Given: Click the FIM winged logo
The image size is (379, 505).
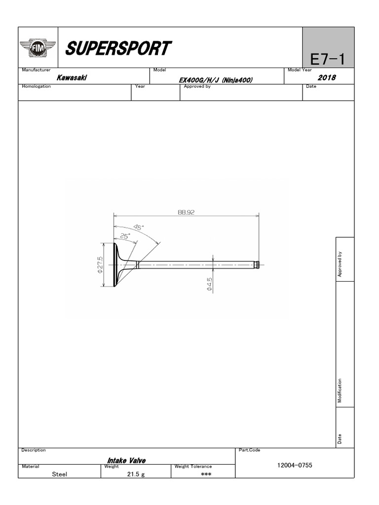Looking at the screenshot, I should (38, 48).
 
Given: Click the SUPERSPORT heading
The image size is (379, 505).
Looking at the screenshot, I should (118, 48).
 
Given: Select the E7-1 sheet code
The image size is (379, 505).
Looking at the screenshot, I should (327, 60).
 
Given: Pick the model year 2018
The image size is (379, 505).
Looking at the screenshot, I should (327, 78).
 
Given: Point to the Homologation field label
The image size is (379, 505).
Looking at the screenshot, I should (37, 86).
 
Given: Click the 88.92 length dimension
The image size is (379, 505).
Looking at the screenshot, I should (187, 212).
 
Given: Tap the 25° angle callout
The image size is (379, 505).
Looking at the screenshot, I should (124, 236).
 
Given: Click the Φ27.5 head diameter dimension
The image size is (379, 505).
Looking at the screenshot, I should (100, 265).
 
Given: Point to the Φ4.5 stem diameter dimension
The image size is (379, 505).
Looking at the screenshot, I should (210, 285).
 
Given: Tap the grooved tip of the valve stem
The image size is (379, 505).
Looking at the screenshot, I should (256, 265).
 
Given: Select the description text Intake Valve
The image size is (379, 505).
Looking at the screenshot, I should (126, 460).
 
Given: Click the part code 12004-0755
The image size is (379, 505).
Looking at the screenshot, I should (295, 466).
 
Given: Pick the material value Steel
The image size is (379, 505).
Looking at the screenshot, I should (59, 474).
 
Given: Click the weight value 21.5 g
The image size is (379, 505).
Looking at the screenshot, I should (136, 474).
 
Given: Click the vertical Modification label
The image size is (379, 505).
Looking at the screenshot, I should (340, 391).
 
